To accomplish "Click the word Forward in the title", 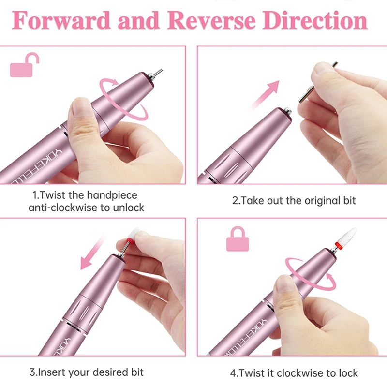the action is pyautogui.click(x=61, y=20).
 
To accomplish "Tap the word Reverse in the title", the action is pyautogui.click(x=211, y=20).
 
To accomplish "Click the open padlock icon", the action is pyautogui.click(x=25, y=65).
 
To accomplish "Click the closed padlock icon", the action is pyautogui.click(x=238, y=238).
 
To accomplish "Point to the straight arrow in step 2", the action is pyautogui.click(x=265, y=95).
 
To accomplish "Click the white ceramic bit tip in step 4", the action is pyautogui.click(x=347, y=236).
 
